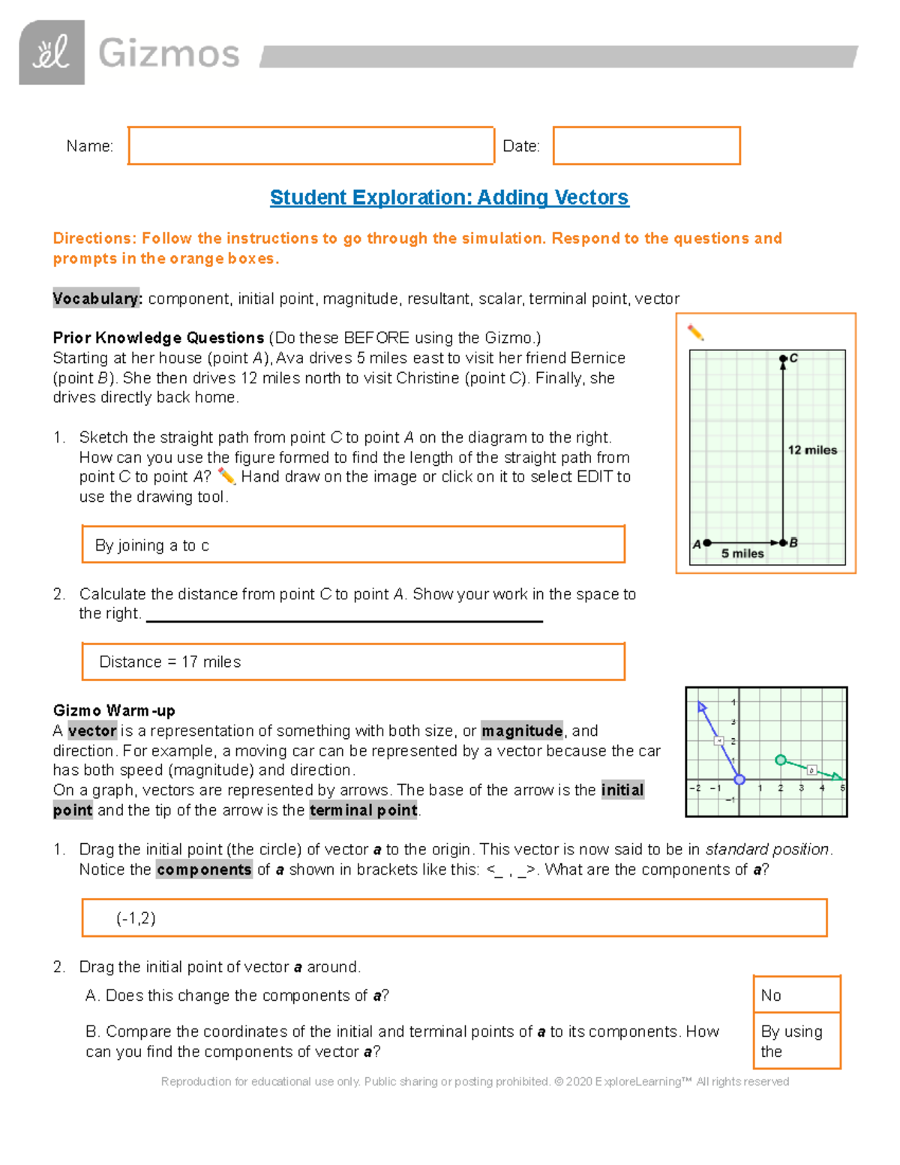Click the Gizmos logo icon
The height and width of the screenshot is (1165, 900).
tap(52, 53)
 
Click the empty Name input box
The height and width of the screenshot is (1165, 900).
tap(310, 146)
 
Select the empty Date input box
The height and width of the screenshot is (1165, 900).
tap(646, 146)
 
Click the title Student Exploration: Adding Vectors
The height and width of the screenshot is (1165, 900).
tap(449, 197)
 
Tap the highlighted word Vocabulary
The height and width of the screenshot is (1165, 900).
tap(97, 299)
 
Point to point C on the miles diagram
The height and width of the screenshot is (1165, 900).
tap(783, 359)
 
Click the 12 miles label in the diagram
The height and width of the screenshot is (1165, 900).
tap(812, 450)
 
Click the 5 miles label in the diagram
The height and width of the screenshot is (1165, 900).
tap(742, 554)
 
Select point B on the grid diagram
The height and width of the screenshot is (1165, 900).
tap(783, 542)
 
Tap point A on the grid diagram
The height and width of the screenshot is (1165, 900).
tap(706, 542)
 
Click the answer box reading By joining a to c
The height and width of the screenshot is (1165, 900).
tap(352, 545)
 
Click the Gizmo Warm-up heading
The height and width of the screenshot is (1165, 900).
tap(114, 710)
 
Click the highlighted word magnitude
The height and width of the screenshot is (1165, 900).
tap(522, 731)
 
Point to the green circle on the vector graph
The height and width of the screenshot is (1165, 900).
tap(780, 761)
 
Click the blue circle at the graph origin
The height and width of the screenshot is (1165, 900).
tap(739, 779)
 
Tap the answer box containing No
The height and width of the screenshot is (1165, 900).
tap(796, 995)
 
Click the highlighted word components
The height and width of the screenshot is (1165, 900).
tap(204, 869)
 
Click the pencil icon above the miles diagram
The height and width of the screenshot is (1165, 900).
tap(695, 332)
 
